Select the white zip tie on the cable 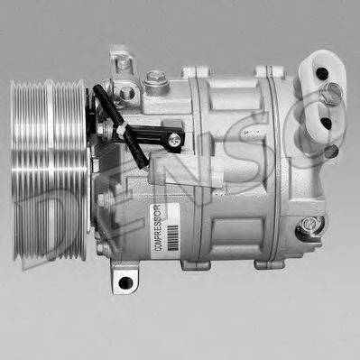click(119, 132)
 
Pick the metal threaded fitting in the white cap click(335, 90)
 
